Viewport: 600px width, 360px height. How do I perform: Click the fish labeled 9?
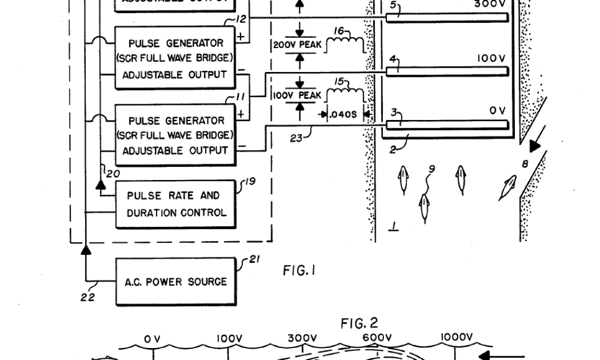[425, 208]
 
